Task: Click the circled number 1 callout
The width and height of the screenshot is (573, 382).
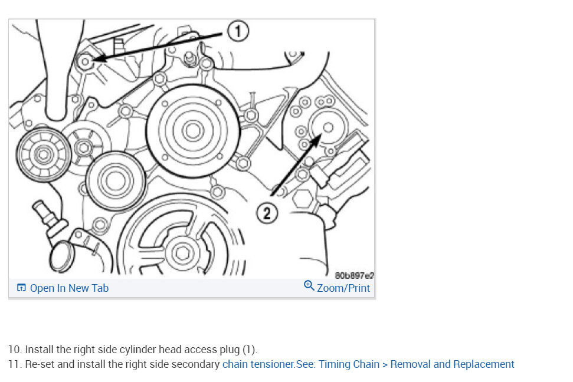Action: point(238,31)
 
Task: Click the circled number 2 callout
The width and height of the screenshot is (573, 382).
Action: point(267,213)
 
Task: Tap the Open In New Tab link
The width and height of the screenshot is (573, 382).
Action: point(69,288)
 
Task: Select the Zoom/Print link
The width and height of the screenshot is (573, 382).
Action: point(343,288)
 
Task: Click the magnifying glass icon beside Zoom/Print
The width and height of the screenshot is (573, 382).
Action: point(309,285)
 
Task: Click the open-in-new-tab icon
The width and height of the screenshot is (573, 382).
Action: point(21,288)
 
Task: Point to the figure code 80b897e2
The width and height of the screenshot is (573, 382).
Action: point(354,275)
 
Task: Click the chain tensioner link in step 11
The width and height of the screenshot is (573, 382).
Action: point(258,364)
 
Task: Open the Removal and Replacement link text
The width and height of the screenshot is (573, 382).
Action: point(452,364)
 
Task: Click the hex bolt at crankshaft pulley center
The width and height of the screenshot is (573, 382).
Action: point(183,253)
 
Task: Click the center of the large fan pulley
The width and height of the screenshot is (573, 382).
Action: point(193,131)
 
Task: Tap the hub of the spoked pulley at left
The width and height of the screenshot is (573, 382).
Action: point(44,154)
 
